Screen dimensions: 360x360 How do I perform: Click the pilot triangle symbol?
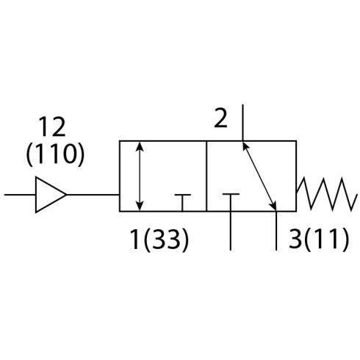click(x=50, y=195)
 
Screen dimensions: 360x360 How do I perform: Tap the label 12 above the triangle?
click(x=52, y=127)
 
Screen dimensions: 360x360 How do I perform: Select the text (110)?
click(x=55, y=154)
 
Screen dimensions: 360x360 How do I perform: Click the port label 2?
click(x=220, y=118)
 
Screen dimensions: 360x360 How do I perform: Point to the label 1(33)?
click(x=159, y=240)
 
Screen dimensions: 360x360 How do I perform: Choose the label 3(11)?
click(x=319, y=239)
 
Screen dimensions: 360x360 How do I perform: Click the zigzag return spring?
click(x=326, y=194)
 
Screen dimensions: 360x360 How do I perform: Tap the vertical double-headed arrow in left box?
click(x=140, y=176)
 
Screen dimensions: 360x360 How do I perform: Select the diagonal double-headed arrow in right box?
click(x=259, y=176)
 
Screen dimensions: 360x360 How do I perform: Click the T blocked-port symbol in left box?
click(x=182, y=202)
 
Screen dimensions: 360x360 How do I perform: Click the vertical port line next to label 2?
click(x=242, y=123)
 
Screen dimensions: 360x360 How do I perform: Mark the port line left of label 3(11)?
click(x=276, y=231)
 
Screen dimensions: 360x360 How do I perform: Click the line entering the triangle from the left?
click(x=20, y=195)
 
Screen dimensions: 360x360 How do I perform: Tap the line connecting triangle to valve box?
click(x=93, y=195)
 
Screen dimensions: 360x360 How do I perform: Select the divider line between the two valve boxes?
click(x=206, y=176)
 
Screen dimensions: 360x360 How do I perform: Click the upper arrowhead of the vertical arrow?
click(x=140, y=146)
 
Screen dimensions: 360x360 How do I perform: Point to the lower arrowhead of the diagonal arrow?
click(x=273, y=206)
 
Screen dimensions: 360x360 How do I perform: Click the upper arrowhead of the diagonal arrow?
click(x=245, y=147)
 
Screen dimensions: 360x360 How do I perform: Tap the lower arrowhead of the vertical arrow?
click(x=140, y=206)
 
